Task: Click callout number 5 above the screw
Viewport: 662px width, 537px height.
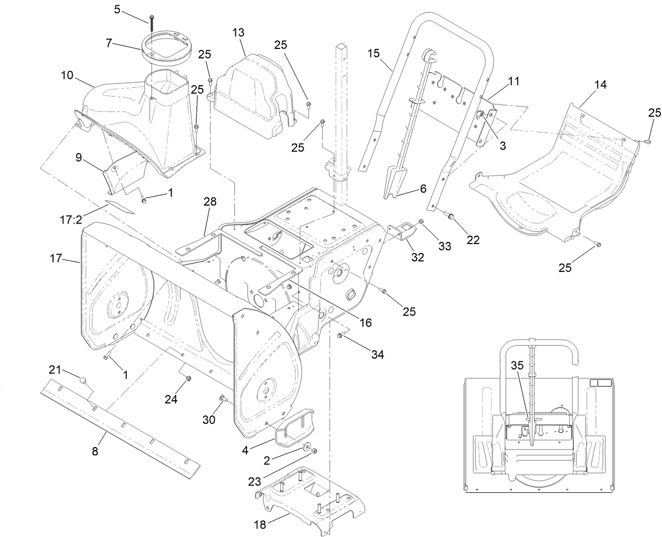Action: coord(117,9)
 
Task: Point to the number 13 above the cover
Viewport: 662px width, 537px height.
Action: coord(238,33)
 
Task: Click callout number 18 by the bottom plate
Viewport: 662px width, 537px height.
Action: coord(260,524)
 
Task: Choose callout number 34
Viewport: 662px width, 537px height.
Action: coord(377,355)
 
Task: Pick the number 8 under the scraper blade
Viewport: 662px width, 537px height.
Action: coord(95,451)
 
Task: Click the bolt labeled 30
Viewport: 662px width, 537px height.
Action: coord(223,398)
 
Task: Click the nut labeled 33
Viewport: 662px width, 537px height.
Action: coord(422,222)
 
